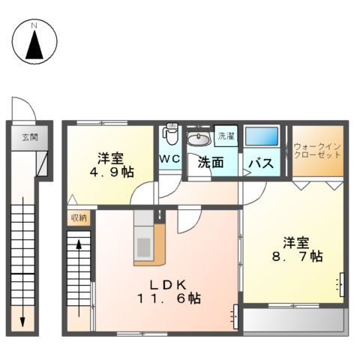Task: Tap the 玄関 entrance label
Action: [29, 138]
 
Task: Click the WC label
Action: [169, 159]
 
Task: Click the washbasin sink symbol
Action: [199, 138]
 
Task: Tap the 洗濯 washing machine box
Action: [225, 136]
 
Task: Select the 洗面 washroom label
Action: [211, 161]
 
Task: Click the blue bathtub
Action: [262, 137]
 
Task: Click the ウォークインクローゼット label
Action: [317, 150]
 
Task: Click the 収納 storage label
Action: [78, 217]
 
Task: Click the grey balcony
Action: [292, 321]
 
